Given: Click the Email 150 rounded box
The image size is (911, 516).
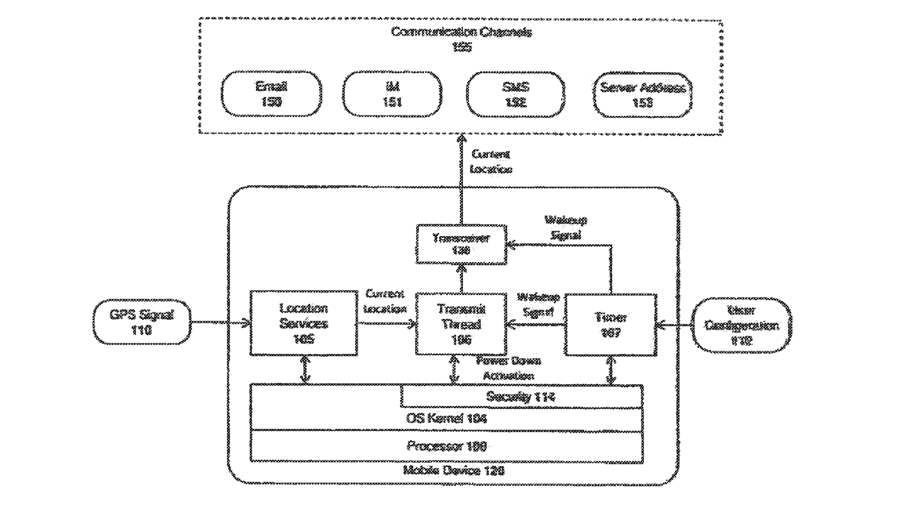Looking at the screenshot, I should (x=271, y=94).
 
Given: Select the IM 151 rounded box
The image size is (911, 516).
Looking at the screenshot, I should (x=392, y=94).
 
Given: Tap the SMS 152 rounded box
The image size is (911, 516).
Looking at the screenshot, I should (x=515, y=94).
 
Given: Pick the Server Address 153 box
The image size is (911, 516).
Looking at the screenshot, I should (x=643, y=95).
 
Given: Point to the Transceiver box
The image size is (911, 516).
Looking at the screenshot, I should (x=461, y=244).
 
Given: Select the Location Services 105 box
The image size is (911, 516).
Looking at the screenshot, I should (x=304, y=323).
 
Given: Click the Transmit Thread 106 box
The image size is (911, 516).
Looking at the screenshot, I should (x=461, y=324).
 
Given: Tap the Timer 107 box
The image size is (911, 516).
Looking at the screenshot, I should (x=610, y=324).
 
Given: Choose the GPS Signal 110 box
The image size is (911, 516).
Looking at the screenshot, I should (x=141, y=322).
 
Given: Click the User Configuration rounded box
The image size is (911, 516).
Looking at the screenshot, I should (x=741, y=325).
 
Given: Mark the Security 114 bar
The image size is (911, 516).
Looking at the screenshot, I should (x=521, y=397).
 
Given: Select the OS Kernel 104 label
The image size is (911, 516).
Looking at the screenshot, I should (x=446, y=418).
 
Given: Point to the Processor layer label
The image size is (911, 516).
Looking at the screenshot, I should (x=446, y=446).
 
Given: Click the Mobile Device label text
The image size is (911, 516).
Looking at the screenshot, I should (x=454, y=471).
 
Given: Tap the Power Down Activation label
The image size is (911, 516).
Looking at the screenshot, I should (x=508, y=368).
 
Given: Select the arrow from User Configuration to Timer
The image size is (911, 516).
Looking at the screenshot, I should (x=674, y=324).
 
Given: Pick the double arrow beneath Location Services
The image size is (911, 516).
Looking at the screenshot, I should (x=305, y=370).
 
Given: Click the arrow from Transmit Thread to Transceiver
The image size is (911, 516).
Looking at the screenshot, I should (x=461, y=278).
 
